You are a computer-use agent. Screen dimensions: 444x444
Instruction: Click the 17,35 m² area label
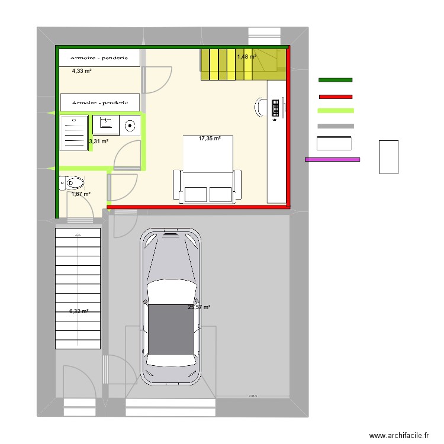coord(210,139)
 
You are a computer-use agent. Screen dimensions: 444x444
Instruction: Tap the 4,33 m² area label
coord(82,71)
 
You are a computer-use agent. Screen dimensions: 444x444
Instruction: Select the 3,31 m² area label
coord(98,141)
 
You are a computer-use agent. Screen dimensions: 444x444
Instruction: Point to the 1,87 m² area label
coord(81,194)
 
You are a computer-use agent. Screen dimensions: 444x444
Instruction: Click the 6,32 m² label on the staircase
coord(79,311)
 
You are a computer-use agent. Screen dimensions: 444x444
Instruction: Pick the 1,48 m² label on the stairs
coord(247,57)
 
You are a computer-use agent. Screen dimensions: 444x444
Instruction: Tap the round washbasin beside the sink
coord(130,125)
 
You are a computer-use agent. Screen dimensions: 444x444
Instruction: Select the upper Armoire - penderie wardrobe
coord(99,57)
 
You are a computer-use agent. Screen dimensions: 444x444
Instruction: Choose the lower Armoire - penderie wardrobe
coord(99,102)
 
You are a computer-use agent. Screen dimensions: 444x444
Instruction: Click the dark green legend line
coord(336,79)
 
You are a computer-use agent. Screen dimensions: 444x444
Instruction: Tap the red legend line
coord(336,96)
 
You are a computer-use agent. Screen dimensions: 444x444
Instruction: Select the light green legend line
coord(336,111)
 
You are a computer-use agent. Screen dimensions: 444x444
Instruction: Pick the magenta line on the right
coord(333,159)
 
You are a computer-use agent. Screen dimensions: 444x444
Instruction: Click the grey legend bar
coord(336,126)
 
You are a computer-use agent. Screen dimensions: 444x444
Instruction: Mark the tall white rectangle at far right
coord(389,157)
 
